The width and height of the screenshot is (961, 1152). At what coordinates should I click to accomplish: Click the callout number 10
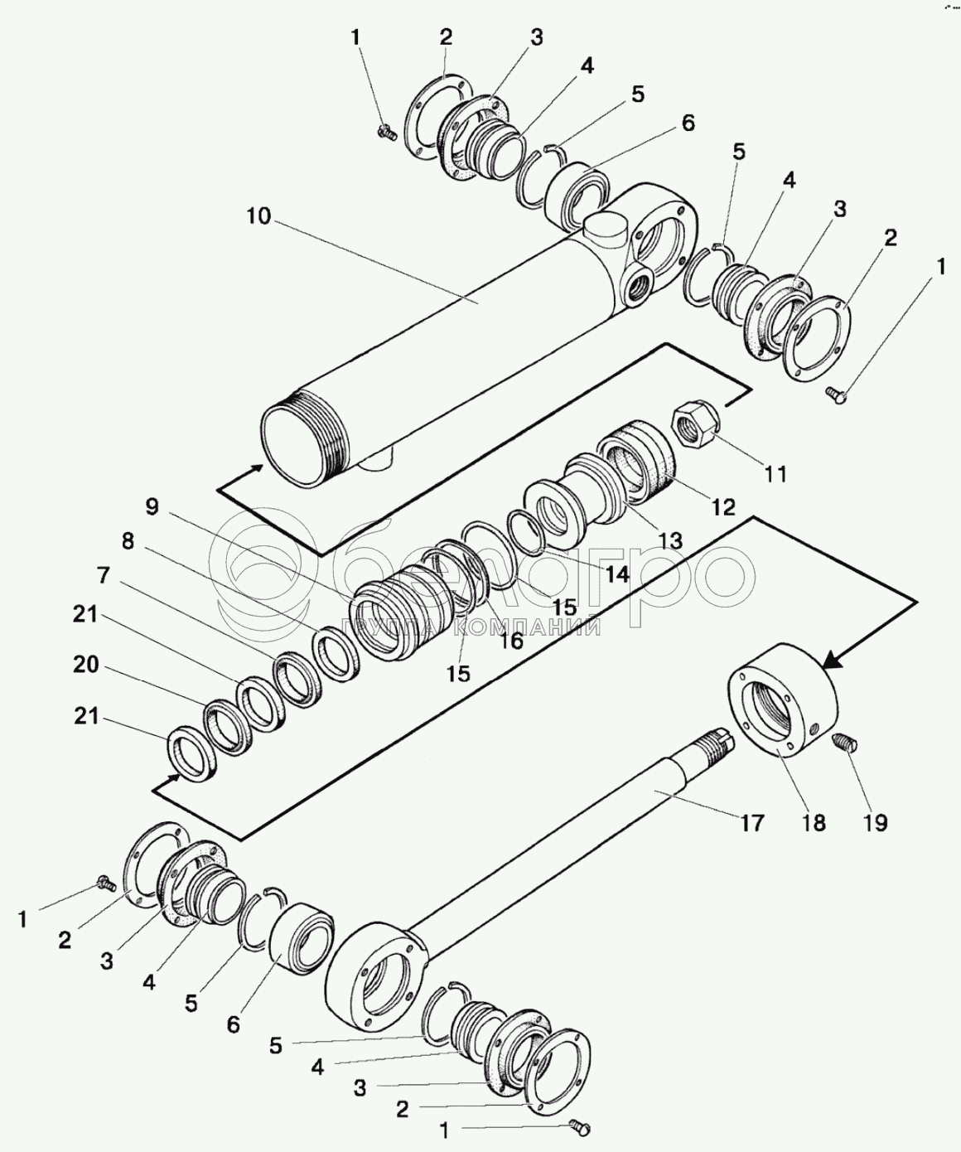pos(258,215)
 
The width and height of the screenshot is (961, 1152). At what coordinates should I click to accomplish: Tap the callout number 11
pos(775,474)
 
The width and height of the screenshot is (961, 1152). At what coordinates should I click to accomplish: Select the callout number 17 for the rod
pos(751,823)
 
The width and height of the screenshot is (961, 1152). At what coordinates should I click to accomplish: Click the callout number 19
pos(876,823)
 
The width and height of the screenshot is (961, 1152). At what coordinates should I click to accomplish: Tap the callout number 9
pos(152,506)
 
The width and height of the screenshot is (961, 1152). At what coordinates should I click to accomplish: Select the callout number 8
pos(128,541)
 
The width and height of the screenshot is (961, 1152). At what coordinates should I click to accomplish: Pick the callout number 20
pos(85,665)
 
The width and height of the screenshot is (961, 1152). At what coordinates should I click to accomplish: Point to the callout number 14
pos(616,574)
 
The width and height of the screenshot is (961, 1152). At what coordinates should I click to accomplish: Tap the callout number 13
pos(670,540)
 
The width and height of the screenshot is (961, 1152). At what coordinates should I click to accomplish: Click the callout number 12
pos(723,507)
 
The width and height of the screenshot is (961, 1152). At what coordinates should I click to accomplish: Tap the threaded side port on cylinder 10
pos(639,285)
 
